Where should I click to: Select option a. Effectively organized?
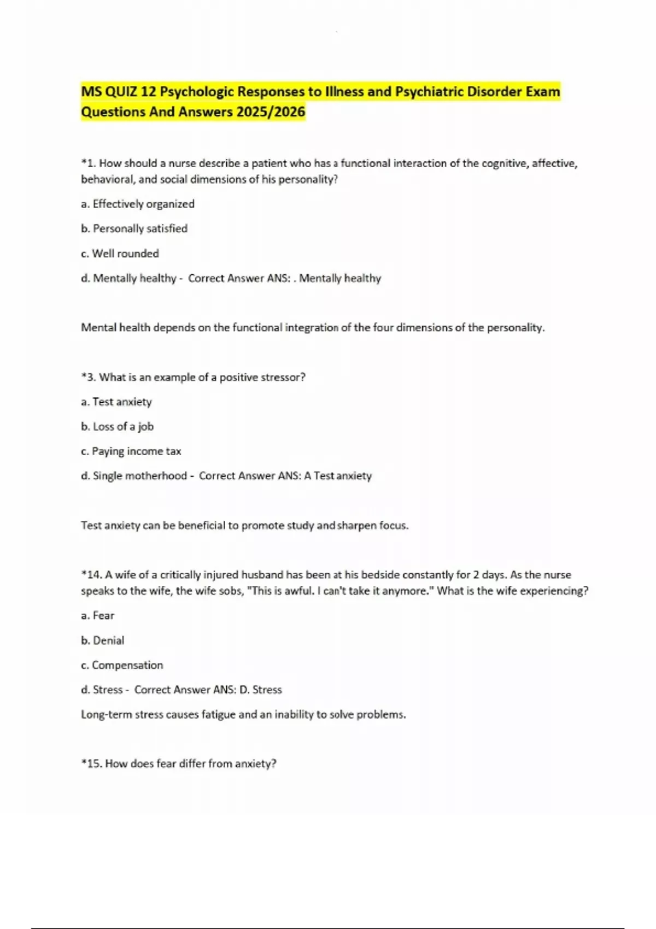point(138,204)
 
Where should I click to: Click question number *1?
point(88,163)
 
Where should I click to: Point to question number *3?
point(88,377)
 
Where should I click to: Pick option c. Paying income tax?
point(131,451)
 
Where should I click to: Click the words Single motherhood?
point(140,476)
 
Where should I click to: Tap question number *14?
point(91,575)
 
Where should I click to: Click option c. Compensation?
point(122,665)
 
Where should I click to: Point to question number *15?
point(91,763)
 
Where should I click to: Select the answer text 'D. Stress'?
point(261,690)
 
